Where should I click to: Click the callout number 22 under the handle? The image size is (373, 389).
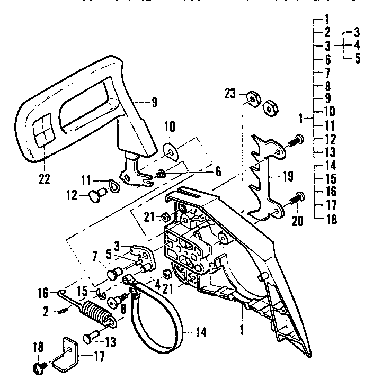pyautogui.click(x=45, y=178)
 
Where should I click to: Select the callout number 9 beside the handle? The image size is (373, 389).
pyautogui.click(x=154, y=104)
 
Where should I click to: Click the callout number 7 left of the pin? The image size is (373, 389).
pyautogui.click(x=96, y=260)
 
